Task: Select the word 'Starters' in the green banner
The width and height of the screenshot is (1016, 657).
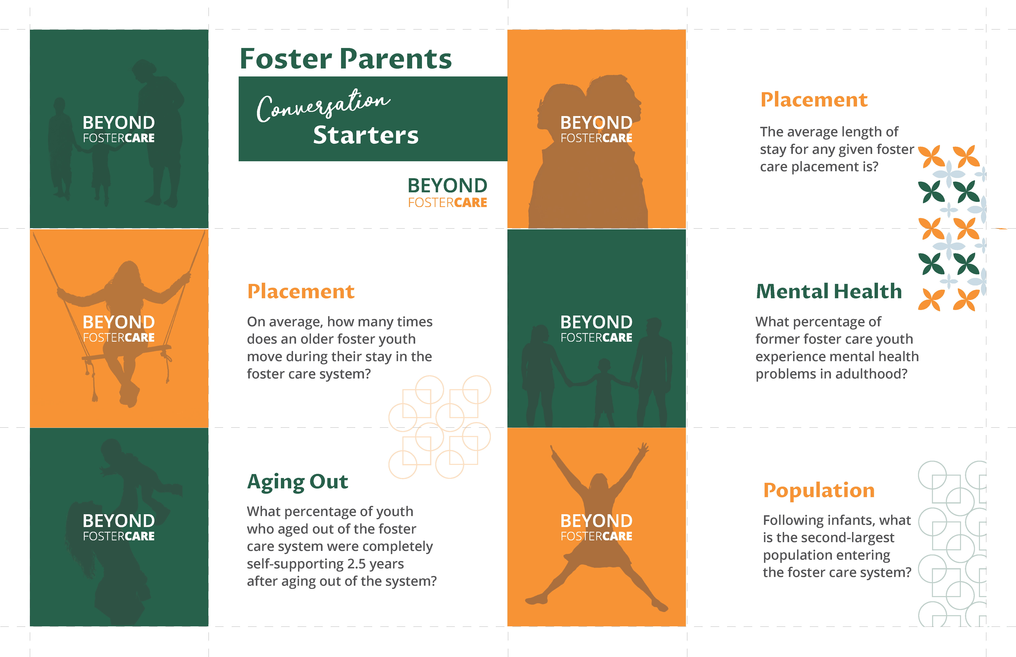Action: [x=366, y=135]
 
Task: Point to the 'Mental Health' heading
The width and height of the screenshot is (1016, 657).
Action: [x=829, y=291]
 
